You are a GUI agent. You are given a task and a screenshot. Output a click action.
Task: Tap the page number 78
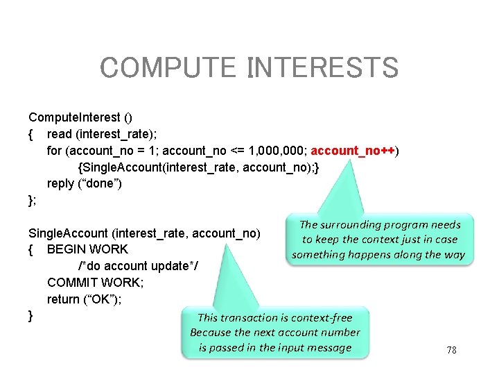(x=451, y=351)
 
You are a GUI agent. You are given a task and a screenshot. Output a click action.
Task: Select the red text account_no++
(x=353, y=151)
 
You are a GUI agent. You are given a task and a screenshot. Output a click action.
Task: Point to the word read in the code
(x=60, y=134)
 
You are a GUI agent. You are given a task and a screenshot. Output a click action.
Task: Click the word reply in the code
(x=61, y=183)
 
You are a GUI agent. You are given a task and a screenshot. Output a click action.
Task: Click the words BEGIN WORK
(x=87, y=249)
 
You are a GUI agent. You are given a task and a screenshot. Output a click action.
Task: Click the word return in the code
(x=63, y=299)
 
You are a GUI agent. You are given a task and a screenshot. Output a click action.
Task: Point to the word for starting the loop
(x=54, y=151)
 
